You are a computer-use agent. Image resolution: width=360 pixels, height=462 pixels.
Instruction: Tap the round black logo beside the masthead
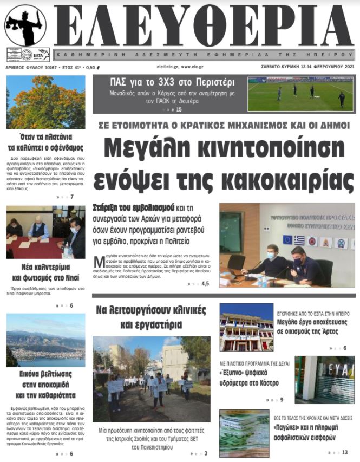point(25,25)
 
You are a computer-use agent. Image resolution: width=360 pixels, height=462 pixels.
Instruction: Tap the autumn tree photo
point(45,102)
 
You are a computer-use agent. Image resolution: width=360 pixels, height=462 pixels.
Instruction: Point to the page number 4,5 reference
point(205,283)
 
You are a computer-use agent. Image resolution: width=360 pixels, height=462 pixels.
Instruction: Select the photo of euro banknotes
point(244,433)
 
